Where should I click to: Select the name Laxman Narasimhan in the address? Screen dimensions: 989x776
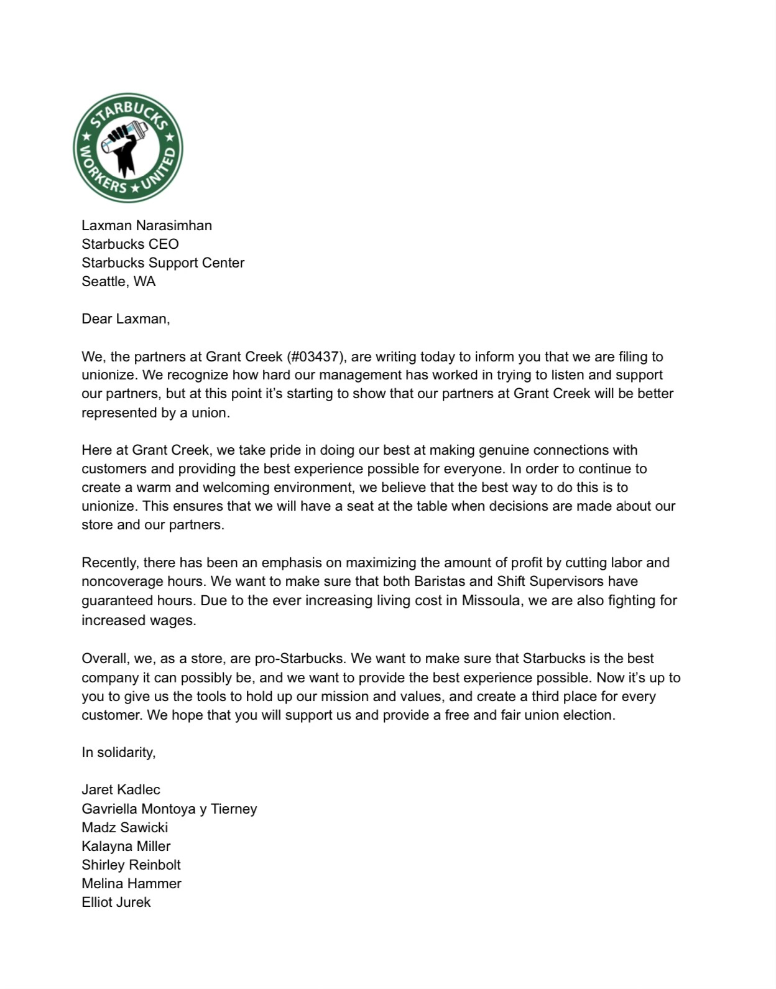pos(147,225)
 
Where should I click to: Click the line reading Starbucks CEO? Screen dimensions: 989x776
pos(130,244)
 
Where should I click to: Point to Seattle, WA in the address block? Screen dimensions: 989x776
pos(118,281)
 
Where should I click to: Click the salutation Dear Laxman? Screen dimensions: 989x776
pos(125,318)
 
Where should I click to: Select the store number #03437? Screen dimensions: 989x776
pos(315,356)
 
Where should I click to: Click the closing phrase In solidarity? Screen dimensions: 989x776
pos(118,752)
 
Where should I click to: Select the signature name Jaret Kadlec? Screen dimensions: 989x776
pos(121,789)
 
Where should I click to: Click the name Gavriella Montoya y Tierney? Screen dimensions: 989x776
pos(169,809)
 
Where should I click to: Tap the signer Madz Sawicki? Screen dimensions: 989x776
pos(124,827)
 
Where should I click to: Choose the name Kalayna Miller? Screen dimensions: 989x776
pos(126,846)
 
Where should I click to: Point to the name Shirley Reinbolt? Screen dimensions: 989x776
pos(131,865)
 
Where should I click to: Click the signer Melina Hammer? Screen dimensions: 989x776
pos(131,883)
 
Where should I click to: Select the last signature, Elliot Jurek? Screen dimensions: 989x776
pos(116,902)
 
